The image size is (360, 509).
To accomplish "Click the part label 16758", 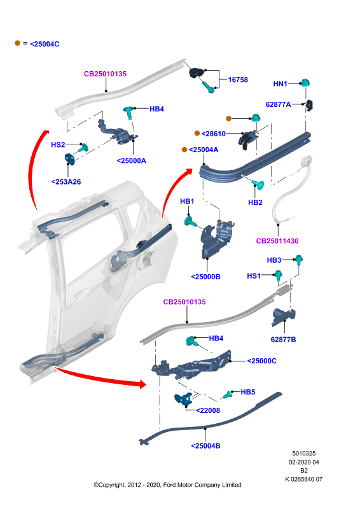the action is tap(238, 80).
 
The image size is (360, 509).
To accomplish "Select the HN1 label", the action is tap(280, 84).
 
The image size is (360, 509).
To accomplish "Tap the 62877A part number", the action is tap(278, 104).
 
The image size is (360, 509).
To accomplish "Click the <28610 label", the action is tap(214, 134).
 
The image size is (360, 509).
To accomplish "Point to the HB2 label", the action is tap(255, 202).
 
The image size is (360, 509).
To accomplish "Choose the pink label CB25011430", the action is tap(277, 241).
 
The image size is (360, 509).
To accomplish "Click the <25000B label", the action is tap(206, 277).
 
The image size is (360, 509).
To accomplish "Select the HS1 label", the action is tap(254, 276).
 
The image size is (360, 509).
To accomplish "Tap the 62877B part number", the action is tap(284, 340).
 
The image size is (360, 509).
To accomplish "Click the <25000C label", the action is tap(261, 361).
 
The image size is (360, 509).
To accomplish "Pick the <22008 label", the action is tap(208, 410).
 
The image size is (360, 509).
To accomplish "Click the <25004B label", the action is tap(206, 446).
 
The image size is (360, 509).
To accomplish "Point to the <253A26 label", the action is tap(66, 182).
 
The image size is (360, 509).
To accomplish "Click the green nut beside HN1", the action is tap(305, 83).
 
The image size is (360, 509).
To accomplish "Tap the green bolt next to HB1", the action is tap(190, 222).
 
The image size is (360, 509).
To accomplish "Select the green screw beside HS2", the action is tap(83, 148).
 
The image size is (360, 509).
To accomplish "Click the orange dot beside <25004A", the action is tap(184, 150).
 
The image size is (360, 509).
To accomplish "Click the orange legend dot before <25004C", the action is tap(18, 43).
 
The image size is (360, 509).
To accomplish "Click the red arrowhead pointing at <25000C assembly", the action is tap(142, 384).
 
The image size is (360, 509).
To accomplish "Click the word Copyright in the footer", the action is tap(112, 485).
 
